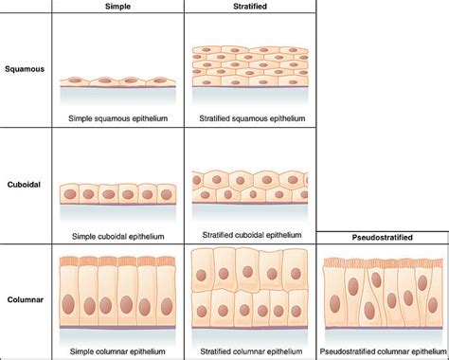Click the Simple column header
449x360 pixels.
117,7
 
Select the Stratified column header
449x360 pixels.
250,7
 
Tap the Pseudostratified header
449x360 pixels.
382,237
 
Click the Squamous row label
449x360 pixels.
25,69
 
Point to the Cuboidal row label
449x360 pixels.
24,185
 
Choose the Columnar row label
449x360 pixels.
26,299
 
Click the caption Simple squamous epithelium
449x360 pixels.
117,118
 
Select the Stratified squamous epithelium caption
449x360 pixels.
252,118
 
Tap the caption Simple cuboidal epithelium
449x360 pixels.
117,237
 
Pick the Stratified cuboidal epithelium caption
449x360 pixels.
252,235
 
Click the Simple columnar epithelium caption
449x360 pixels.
117,351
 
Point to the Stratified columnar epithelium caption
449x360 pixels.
251,351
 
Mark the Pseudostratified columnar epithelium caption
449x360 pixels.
383,351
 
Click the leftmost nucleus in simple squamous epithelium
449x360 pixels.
75,81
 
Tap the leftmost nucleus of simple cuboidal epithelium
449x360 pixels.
70,194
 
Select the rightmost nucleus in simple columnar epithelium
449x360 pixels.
167,306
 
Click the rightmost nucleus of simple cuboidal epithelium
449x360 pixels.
167,195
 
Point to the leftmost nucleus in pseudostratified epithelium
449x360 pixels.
334,304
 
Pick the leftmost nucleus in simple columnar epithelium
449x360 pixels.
68,304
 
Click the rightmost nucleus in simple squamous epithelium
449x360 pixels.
159,81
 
